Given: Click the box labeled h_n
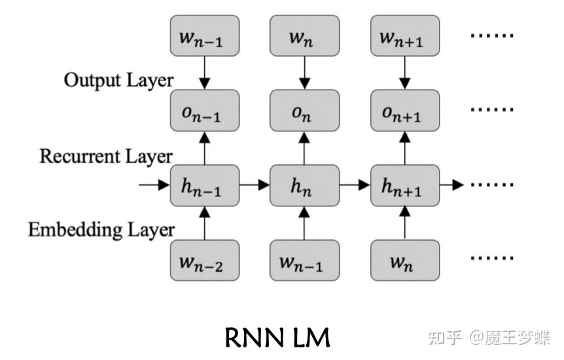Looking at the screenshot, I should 304,185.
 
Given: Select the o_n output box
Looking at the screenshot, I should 304,111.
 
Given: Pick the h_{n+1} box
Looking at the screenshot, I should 404,185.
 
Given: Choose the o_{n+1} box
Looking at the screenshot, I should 404,111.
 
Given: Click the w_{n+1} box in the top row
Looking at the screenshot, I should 404,36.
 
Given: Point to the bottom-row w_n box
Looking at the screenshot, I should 404,260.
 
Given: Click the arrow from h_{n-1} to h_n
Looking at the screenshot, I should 255,185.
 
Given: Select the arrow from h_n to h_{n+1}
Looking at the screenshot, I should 355,185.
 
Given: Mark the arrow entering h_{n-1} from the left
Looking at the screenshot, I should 154,185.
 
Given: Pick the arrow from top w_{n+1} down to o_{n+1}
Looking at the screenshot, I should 404,73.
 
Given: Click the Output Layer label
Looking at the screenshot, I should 118,81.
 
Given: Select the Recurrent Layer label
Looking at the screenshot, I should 106,156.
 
